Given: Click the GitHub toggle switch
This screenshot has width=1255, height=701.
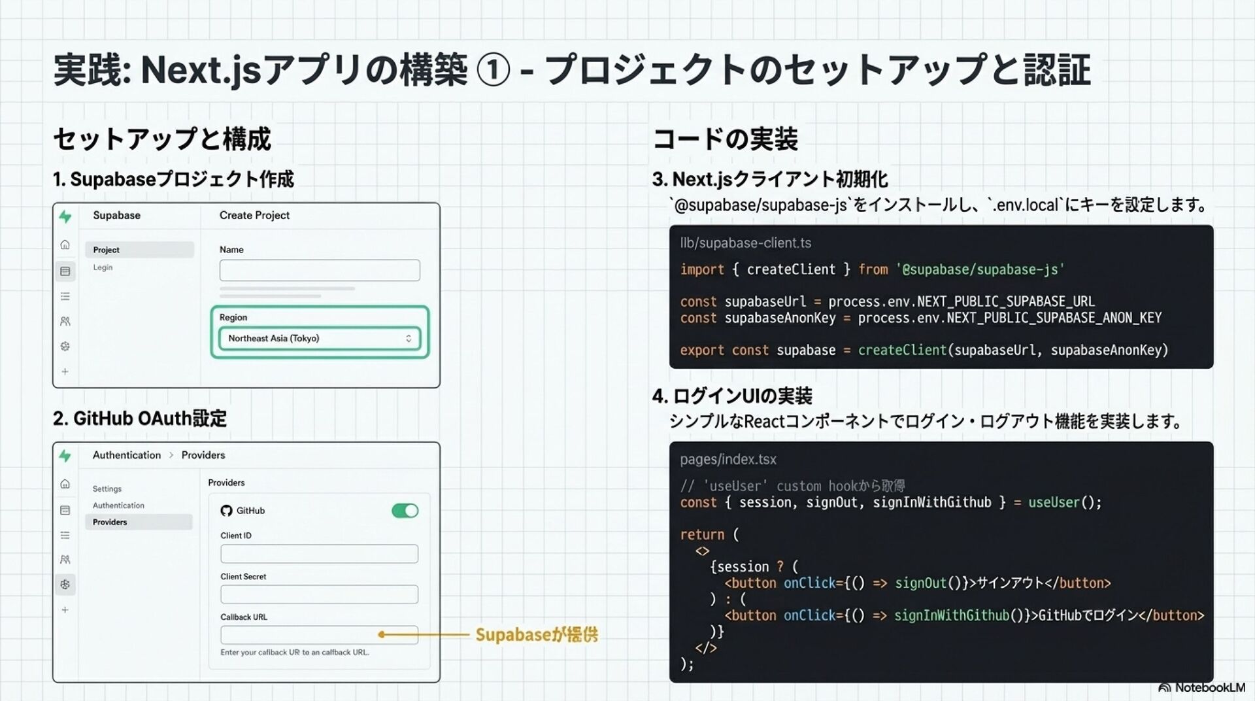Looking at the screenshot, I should click(405, 511).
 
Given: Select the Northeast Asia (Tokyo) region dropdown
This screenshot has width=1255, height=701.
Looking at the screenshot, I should click(319, 338).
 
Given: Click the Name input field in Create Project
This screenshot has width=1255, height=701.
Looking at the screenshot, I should click(319, 270).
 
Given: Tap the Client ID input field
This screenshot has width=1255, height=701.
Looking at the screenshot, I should click(319, 554).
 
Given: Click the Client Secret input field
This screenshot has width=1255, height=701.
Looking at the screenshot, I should click(319, 594).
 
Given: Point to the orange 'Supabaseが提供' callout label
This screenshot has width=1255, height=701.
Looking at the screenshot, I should click(536, 634).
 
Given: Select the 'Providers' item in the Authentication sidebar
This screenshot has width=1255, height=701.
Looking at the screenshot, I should click(110, 522).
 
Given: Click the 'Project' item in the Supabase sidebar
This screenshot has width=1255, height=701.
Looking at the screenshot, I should click(106, 250).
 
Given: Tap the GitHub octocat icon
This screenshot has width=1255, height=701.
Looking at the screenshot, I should click(226, 511).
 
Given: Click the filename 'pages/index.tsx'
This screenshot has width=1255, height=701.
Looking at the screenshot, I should click(728, 459).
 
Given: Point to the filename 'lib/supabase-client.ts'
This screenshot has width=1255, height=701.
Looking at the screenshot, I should click(745, 243).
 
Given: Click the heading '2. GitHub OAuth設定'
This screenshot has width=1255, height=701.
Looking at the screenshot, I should click(140, 419).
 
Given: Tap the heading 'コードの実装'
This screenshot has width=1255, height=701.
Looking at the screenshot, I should click(725, 139).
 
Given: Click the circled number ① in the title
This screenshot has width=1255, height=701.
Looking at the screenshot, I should click(494, 70).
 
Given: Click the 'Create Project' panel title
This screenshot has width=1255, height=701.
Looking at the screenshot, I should click(254, 215).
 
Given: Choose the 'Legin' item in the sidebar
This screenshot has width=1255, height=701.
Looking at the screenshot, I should click(103, 267).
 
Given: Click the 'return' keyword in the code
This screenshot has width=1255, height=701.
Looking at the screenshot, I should click(701, 534).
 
